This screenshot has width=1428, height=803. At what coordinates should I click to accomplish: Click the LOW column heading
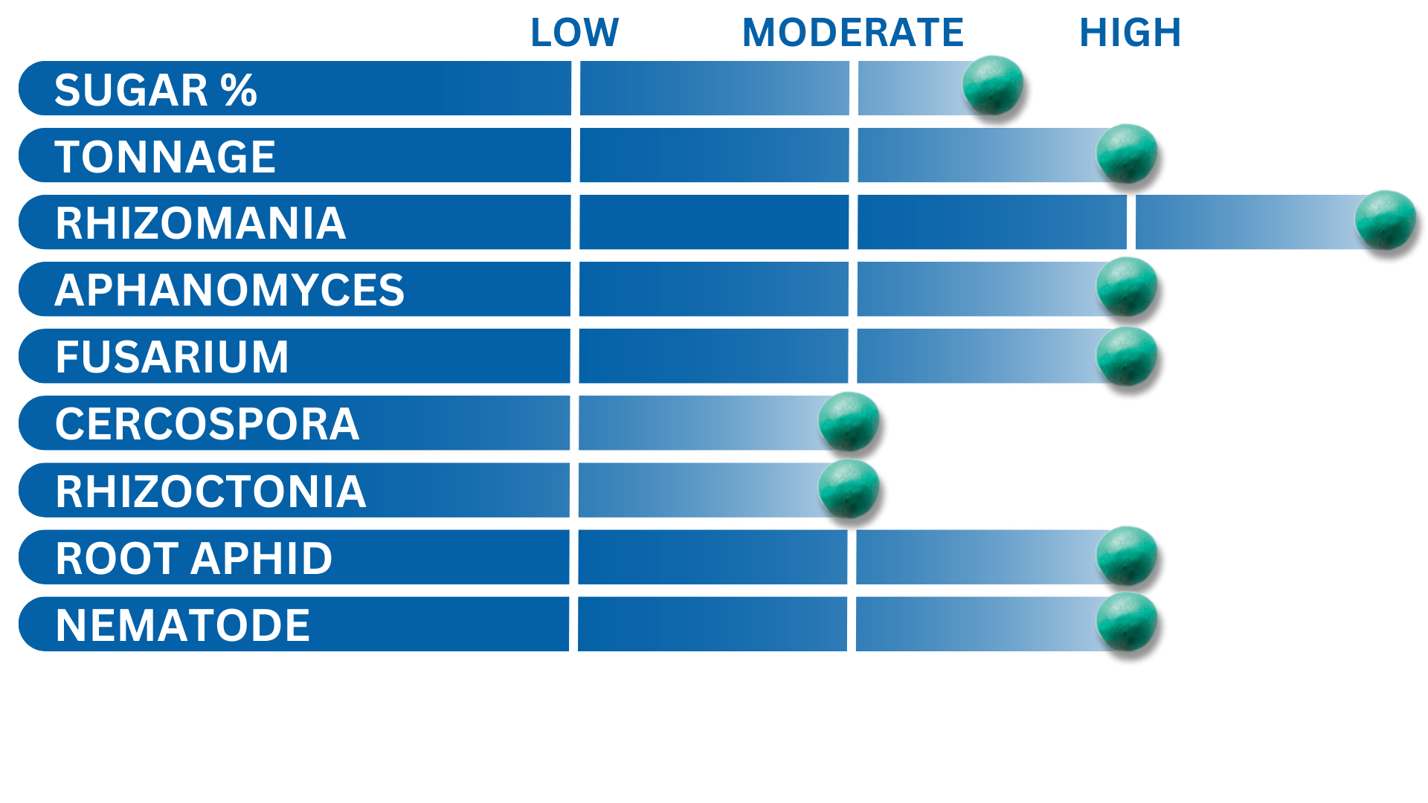574,33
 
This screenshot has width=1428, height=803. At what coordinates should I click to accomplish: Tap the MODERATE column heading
853,33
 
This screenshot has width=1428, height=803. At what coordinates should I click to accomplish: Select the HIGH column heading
1130,33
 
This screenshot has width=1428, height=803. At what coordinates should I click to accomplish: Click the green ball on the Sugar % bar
993,86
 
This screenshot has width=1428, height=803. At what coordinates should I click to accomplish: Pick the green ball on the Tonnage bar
1127,153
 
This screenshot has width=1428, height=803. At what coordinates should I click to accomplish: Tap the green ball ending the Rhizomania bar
1386,220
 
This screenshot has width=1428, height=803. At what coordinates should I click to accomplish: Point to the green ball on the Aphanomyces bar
1127,287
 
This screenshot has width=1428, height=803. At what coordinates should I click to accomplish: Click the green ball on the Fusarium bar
1127,355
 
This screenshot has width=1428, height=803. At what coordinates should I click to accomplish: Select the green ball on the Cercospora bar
849,422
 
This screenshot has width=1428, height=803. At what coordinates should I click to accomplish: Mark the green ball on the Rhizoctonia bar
849,488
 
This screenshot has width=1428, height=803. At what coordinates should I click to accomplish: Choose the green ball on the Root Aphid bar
1127,556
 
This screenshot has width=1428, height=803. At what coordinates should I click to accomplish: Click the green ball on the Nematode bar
1127,622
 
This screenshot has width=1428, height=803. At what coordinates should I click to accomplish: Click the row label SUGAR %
155,90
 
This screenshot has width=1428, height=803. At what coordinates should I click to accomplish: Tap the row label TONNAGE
165,157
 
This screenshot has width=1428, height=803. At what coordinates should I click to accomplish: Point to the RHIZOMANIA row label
201,223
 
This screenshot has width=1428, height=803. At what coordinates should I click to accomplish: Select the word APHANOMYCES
230,290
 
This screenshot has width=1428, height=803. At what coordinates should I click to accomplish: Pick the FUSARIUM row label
172,357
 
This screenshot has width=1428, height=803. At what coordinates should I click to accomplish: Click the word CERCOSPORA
208,424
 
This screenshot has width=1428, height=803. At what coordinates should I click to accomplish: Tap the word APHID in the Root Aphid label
262,558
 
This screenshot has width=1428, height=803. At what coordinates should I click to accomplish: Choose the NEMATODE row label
183,625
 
